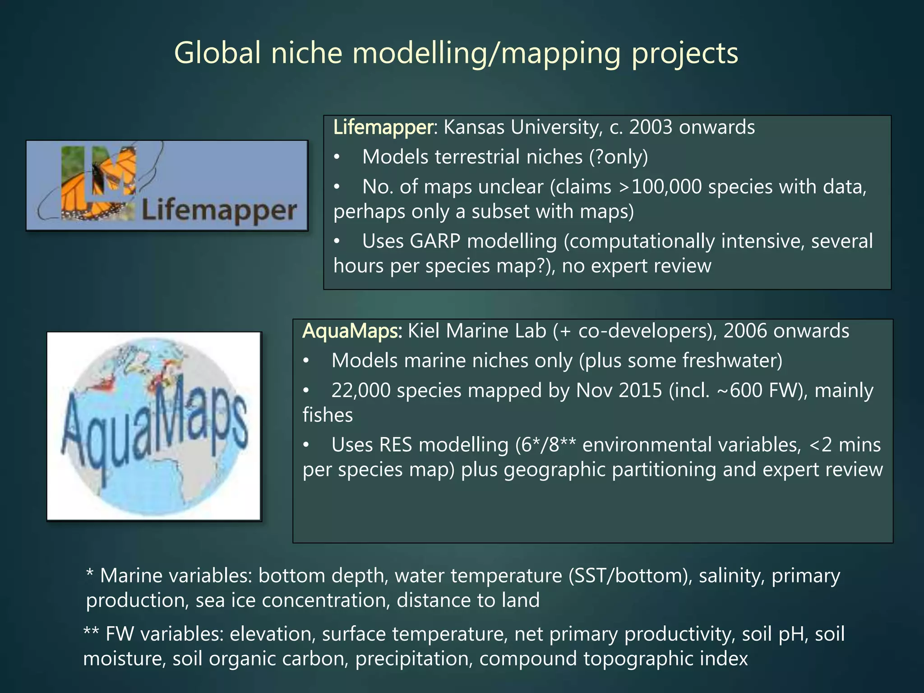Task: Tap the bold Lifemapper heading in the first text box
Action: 383,128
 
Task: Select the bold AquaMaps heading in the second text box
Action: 351,331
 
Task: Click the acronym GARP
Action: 435,241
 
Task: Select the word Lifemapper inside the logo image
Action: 219,211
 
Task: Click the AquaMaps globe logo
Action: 154,426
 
